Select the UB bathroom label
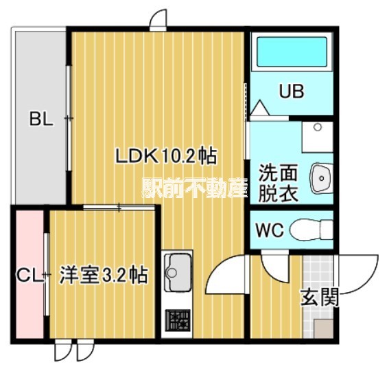point(291,91)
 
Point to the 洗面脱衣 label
point(278,183)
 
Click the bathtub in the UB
point(291,52)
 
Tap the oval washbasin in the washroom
point(320,179)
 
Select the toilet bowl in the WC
point(309,230)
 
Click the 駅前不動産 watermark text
point(194,187)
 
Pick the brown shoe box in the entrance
point(321,329)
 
